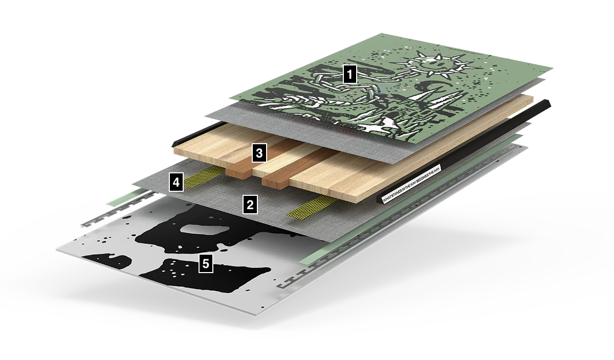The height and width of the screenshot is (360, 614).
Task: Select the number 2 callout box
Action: (250, 205)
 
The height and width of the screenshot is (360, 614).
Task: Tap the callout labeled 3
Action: (259, 152)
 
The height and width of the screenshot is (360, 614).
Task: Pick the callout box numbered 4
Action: (177, 182)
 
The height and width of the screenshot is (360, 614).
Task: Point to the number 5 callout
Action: (206, 264)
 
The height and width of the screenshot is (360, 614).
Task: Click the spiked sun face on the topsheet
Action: (429, 64)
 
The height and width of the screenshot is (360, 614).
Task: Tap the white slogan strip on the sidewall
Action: (409, 184)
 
